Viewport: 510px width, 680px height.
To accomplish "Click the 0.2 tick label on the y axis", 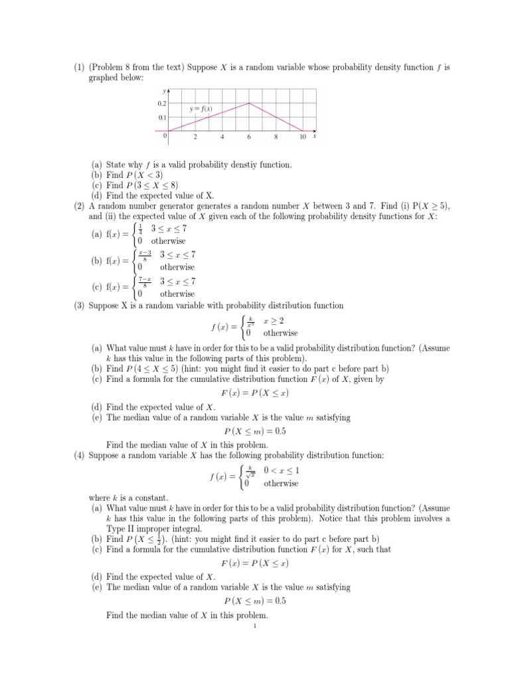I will click(161, 104).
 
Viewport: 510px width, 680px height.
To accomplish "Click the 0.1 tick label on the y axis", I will click(161, 118).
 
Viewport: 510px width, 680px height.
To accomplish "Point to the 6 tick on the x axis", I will click(249, 137).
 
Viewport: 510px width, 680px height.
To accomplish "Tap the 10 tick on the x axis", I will click(302, 137).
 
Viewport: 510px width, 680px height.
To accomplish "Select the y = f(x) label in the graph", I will click(201, 109).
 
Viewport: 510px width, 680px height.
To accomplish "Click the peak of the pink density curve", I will click(249, 103).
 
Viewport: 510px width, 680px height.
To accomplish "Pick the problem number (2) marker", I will click(79, 206).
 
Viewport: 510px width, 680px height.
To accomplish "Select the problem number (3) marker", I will click(79, 305).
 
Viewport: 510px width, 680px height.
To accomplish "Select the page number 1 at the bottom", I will click(255, 625).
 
